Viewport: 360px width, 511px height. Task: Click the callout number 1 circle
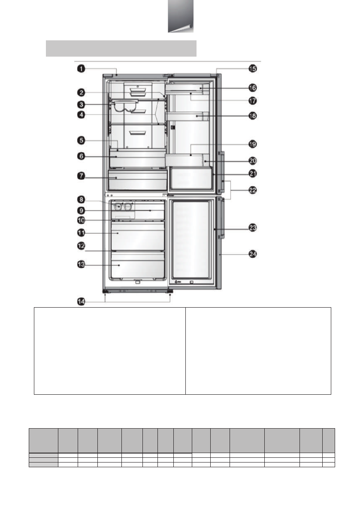point(81,69)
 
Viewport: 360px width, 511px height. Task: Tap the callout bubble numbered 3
point(81,105)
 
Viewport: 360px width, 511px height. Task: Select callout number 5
point(81,140)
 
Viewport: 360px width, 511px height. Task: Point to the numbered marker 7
point(81,176)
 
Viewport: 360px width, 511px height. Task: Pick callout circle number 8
point(81,200)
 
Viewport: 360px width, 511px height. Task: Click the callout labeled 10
point(81,220)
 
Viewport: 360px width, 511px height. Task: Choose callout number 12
point(81,246)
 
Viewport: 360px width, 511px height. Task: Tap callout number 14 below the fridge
point(81,302)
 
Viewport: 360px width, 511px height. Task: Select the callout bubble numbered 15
point(253,69)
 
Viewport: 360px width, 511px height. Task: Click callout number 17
point(253,101)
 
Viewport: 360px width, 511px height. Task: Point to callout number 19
point(253,144)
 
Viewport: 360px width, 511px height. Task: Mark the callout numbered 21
point(253,173)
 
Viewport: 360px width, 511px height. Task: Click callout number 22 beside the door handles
point(253,190)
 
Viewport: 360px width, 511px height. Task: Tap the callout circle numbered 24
point(253,254)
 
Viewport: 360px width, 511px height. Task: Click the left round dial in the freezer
point(118,207)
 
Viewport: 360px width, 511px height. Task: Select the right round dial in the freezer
point(129,207)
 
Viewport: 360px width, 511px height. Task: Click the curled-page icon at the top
point(181,16)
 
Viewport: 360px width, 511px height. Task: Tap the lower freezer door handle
point(221,218)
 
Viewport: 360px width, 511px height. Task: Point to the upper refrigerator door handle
point(221,172)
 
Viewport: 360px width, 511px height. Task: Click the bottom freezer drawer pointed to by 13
point(137,266)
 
